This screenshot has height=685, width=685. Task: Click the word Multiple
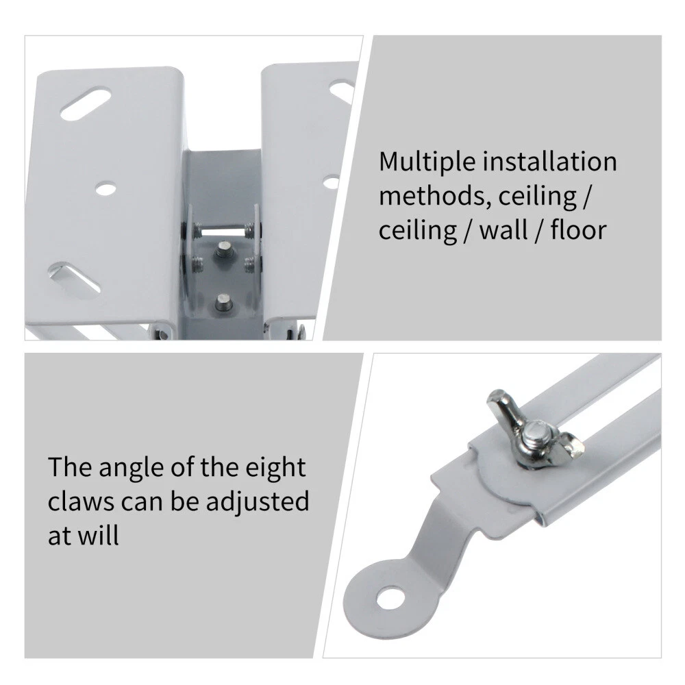point(427,162)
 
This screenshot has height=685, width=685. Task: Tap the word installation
point(549,161)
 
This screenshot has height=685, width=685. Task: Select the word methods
point(435,195)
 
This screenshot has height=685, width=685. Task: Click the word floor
point(578,229)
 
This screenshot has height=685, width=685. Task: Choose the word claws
point(81,501)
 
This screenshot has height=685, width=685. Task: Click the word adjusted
point(258,502)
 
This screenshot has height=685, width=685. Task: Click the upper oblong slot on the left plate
point(85,103)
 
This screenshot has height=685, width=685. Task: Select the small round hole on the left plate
point(106,189)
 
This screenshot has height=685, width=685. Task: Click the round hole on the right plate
point(332,182)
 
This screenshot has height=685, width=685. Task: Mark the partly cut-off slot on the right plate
point(342,91)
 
